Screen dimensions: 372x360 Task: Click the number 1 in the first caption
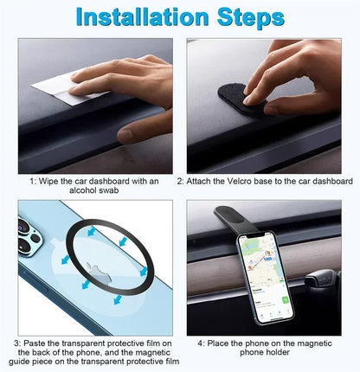point(32,182)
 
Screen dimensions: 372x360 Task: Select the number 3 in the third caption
point(16,343)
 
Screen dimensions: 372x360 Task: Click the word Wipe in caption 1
point(51,182)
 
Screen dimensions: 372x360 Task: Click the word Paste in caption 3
point(38,343)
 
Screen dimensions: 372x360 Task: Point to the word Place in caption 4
point(224,343)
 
